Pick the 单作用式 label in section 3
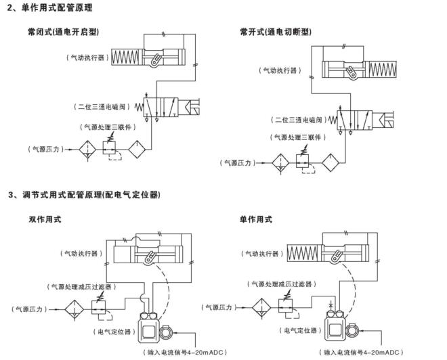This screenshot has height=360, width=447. pos(256,219)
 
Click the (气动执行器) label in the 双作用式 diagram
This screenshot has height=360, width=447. pos(81,253)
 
